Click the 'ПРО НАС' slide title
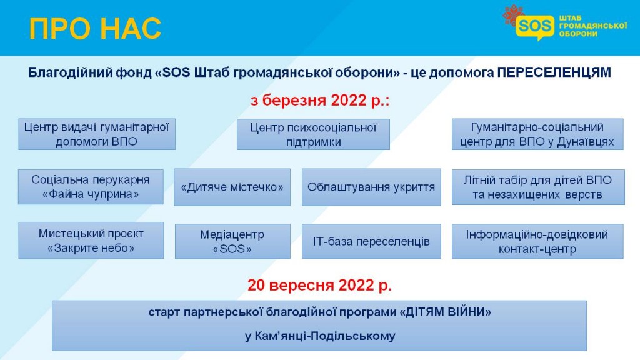[x=95, y=29]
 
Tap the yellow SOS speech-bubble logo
[x=535, y=26]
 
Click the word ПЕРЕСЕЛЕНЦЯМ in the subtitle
[x=554, y=72]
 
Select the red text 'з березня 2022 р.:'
[x=320, y=100]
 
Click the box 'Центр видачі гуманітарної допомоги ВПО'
[x=97, y=134]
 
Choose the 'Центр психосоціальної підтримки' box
[x=313, y=134]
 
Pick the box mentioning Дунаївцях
[x=537, y=134]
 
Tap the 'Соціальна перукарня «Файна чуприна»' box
[x=91, y=187]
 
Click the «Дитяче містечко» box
[x=232, y=187]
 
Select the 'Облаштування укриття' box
[x=371, y=187]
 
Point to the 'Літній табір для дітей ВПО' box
[x=538, y=187]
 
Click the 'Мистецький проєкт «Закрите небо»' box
[x=91, y=241]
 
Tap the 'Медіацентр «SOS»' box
[x=232, y=241]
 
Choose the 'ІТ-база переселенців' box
[x=371, y=241]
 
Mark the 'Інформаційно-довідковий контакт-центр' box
[x=537, y=241]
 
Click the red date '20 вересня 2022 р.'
[x=319, y=285]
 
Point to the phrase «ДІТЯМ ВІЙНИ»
[x=445, y=312]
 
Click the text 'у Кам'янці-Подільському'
[x=320, y=336]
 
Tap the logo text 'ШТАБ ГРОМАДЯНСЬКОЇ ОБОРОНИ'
[x=592, y=26]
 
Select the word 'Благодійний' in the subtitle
[x=71, y=72]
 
